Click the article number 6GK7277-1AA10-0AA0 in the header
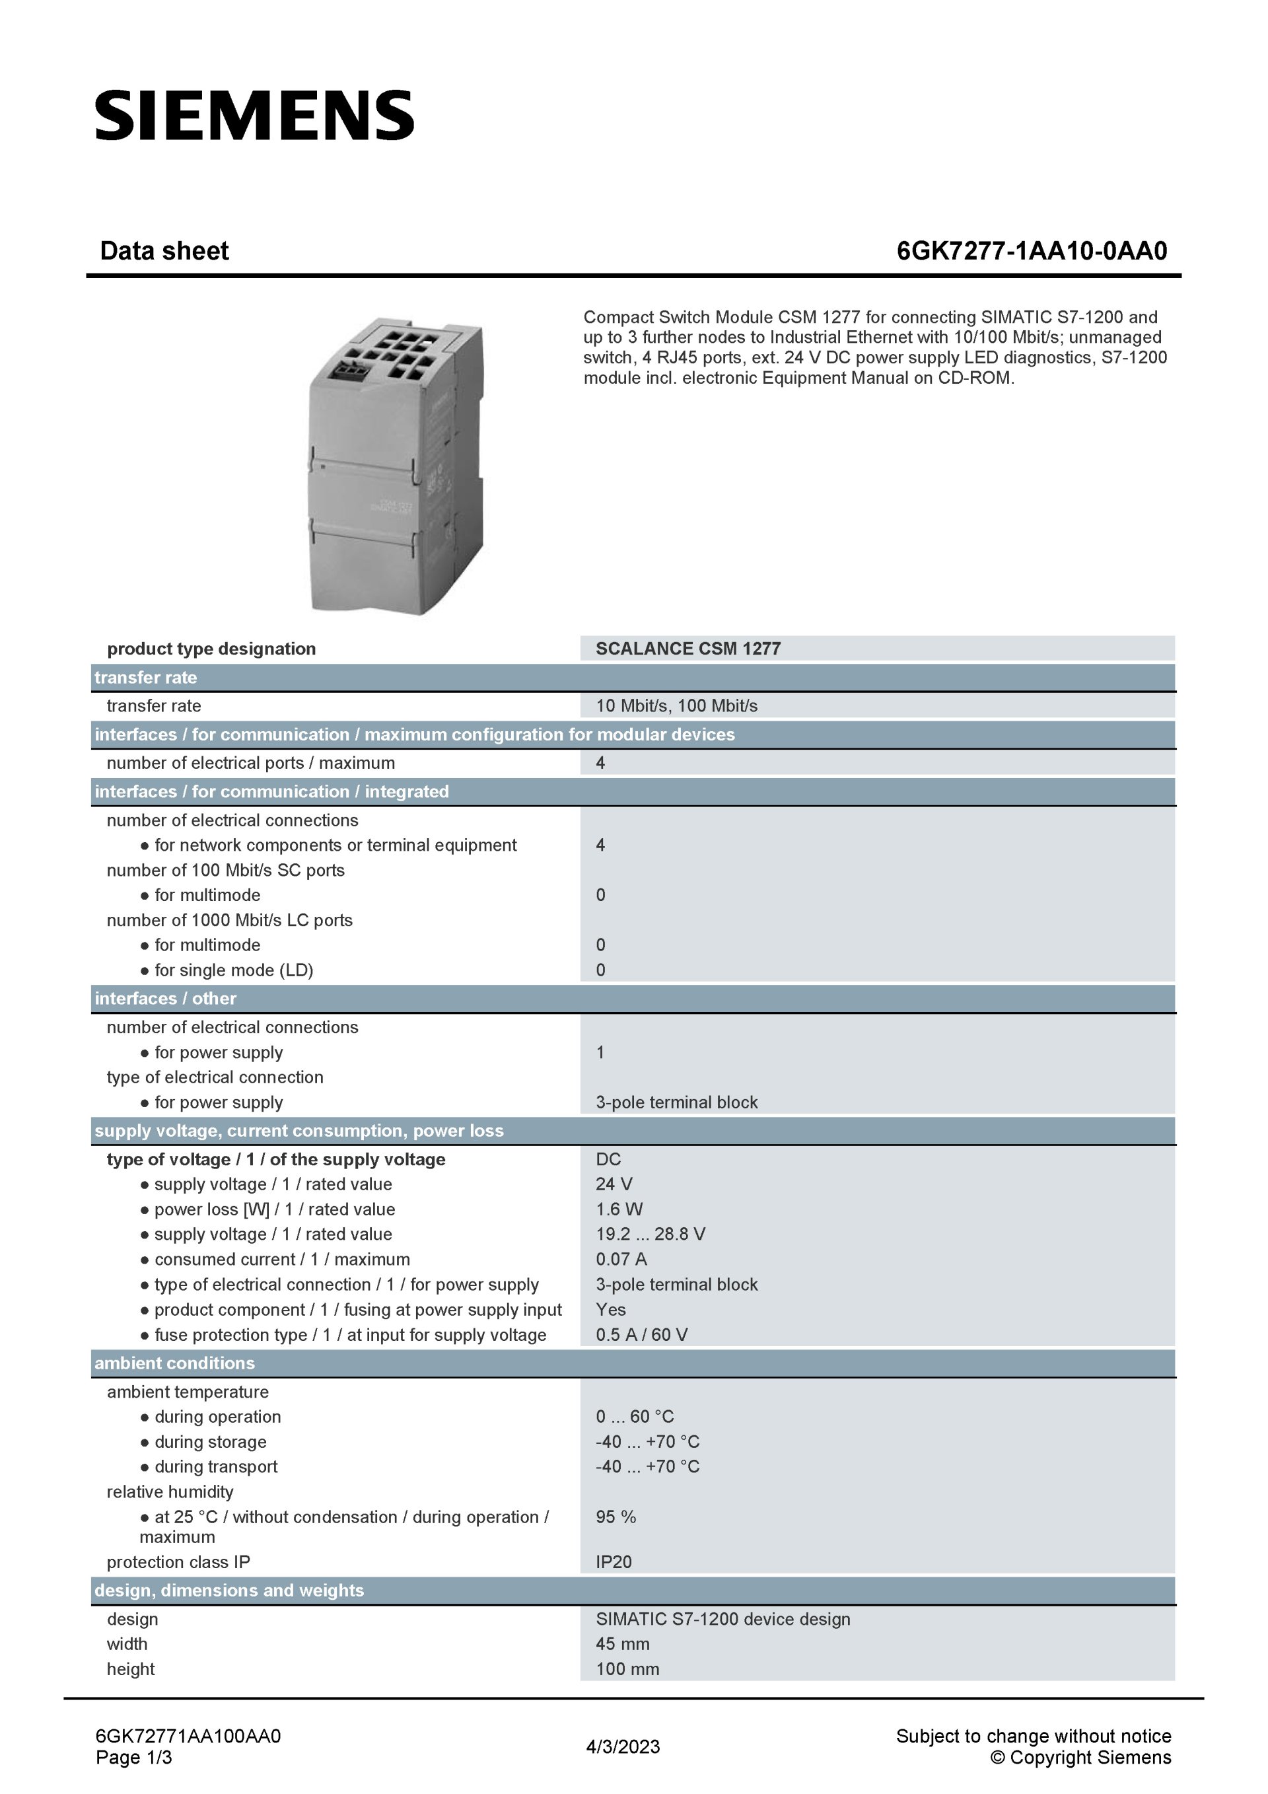pos(1032,251)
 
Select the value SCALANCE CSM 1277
pos(687,649)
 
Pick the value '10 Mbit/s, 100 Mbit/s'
pos(676,705)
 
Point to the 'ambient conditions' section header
pos(174,1363)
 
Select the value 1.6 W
pos(619,1209)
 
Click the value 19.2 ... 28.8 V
pos(650,1235)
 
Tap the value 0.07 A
pos(621,1260)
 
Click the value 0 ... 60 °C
pos(635,1417)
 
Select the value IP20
pos(614,1562)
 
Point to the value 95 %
pos(616,1517)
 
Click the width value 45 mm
pos(623,1644)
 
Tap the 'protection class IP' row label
pos(178,1562)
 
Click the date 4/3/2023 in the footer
pos(623,1747)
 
